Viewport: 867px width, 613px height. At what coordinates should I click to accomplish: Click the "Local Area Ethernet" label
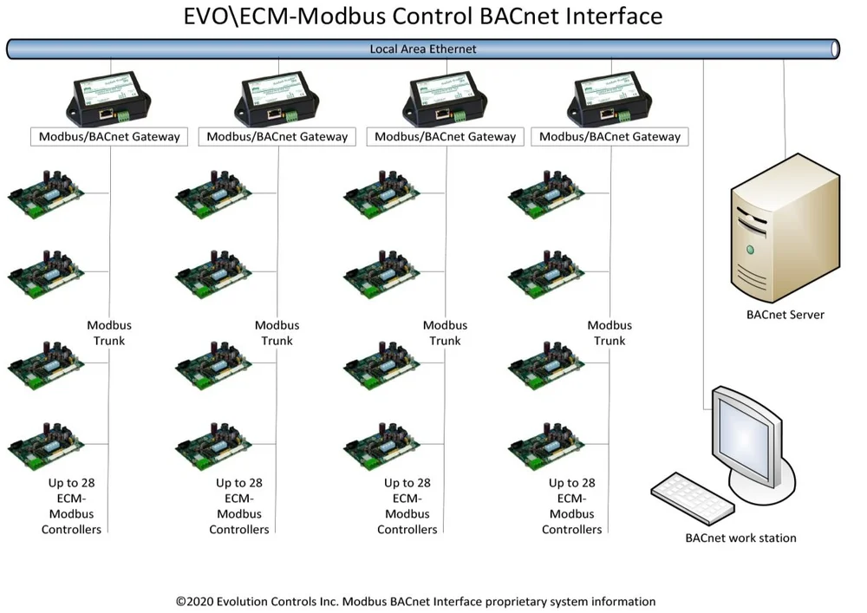click(x=423, y=49)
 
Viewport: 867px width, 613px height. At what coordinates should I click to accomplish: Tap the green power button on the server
click(x=750, y=250)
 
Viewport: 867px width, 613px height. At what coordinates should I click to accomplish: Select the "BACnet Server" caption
click(x=785, y=315)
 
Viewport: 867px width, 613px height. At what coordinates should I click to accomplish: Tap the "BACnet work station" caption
click(x=740, y=538)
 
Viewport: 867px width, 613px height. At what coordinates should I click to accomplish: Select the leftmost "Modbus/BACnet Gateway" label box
click(x=109, y=136)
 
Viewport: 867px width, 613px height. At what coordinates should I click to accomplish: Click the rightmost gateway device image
click(x=610, y=99)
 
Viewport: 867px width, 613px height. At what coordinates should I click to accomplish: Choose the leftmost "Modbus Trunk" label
click(x=109, y=333)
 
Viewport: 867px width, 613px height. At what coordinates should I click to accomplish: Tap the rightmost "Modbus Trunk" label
click(x=610, y=333)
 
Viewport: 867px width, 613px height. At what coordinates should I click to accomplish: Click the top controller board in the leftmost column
click(x=48, y=195)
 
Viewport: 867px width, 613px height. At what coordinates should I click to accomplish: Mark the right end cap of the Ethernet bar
click(x=834, y=49)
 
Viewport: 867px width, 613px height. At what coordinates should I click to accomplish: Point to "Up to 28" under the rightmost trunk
click(x=572, y=483)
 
